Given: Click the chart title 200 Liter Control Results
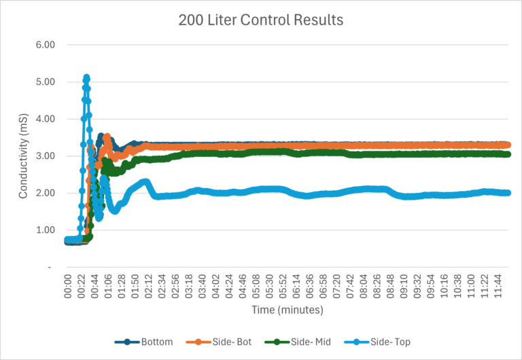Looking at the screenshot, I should click(261, 20).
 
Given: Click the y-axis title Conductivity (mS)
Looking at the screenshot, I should click(23, 156).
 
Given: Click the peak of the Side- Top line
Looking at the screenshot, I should click(86, 77).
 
